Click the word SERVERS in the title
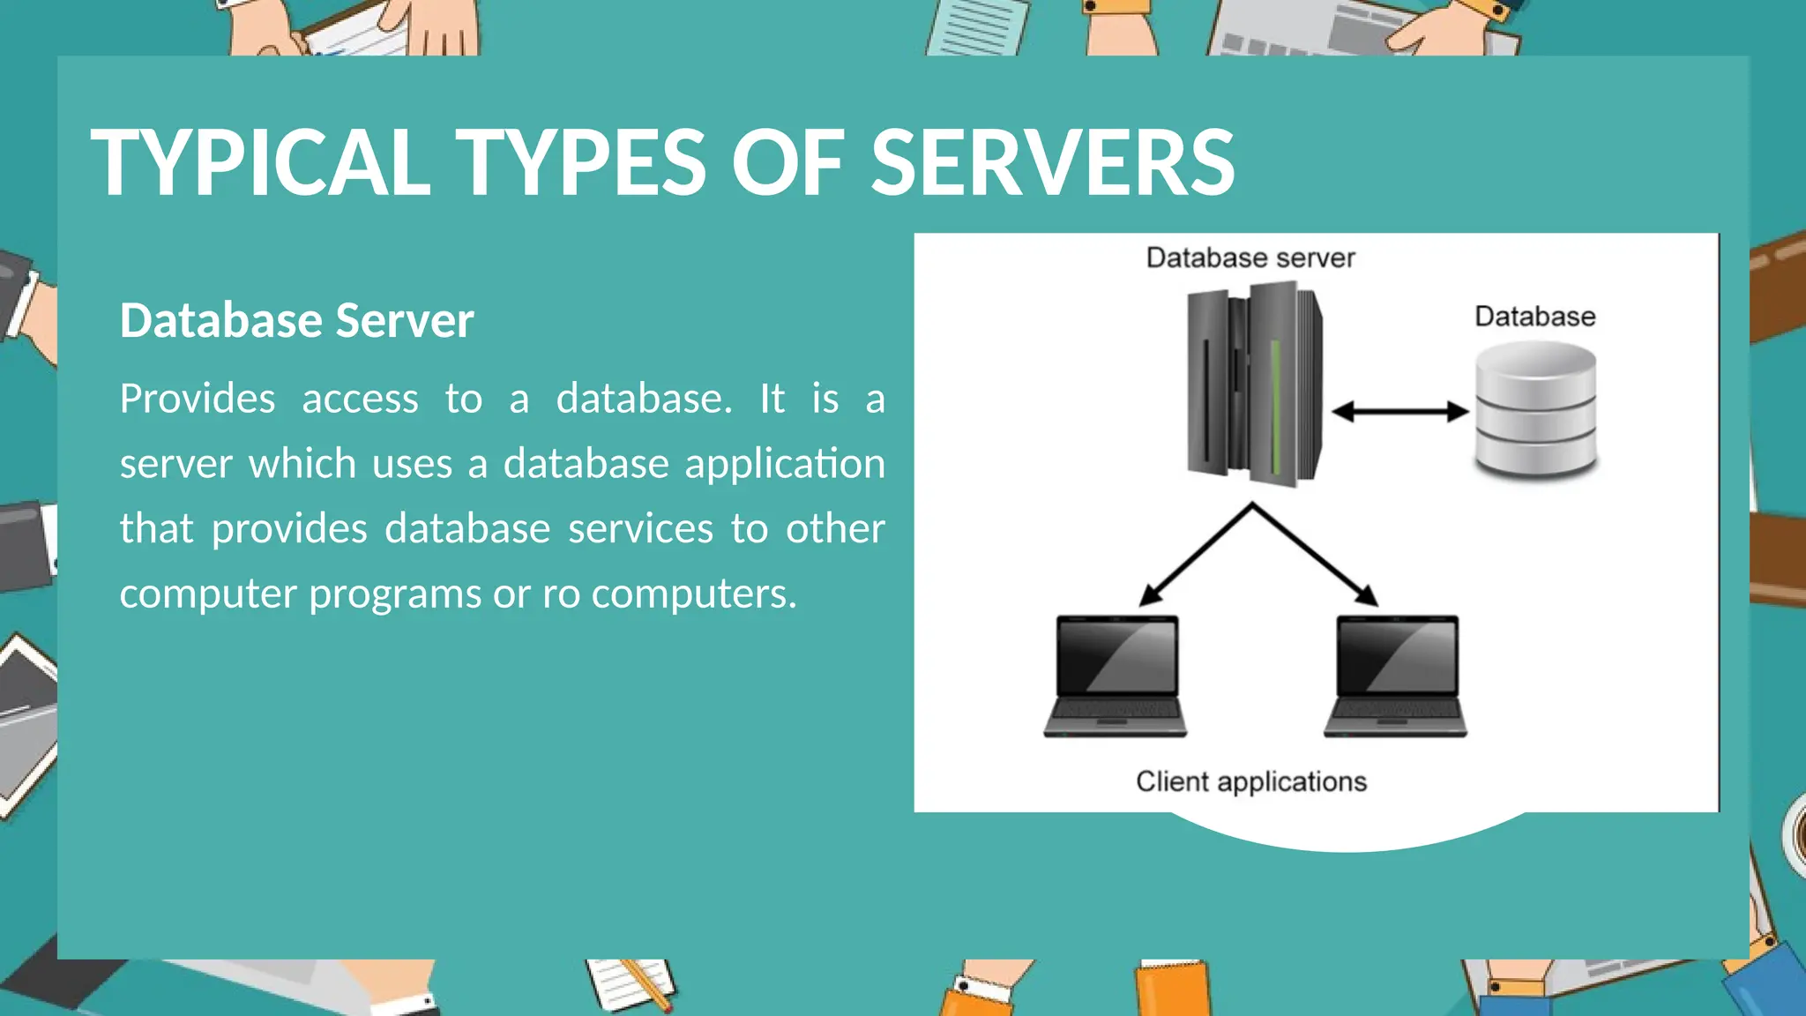(1053, 162)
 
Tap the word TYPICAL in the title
(260, 162)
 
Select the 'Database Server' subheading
(296, 320)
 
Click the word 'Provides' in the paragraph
(198, 399)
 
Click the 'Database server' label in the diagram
(1250, 258)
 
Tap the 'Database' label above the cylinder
(1534, 316)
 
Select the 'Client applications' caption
(1250, 781)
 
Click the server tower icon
(1253, 383)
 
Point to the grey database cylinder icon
(1535, 411)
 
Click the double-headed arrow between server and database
(1399, 411)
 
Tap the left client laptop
(1116, 676)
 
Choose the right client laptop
(1395, 676)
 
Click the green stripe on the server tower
(1275, 406)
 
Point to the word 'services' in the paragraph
(640, 529)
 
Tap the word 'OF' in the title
(787, 162)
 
